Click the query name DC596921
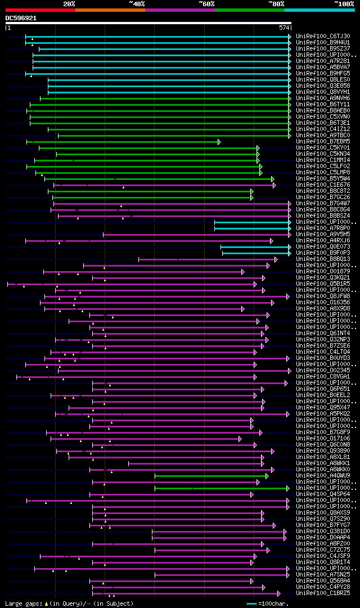coord(21,18)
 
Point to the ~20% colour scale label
coord(69,4)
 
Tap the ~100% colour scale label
coord(344,4)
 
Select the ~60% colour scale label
coord(206,4)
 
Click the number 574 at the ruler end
coord(284,28)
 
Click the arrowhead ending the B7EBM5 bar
coord(219,142)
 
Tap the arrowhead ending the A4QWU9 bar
coord(267,476)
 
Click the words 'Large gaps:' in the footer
coord(22,604)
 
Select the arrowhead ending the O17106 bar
coord(240,439)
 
